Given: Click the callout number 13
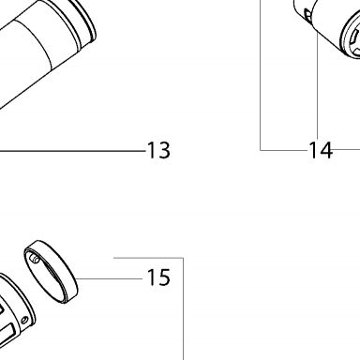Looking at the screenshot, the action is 158,150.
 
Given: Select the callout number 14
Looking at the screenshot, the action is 321,150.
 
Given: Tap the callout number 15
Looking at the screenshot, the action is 158,277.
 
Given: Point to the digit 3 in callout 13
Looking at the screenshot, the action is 164,150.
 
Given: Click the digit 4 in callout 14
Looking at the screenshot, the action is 325,150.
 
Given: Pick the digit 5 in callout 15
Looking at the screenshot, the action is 164,277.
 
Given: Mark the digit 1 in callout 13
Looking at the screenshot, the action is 151,150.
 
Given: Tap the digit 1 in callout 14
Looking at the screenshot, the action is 313,150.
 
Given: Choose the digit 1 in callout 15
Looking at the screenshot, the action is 151,277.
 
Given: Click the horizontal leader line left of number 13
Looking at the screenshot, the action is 72,151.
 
